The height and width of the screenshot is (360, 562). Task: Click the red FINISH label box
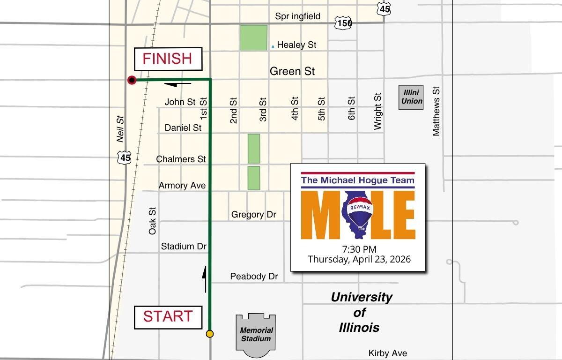[168, 59]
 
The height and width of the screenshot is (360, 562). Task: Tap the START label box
[168, 317]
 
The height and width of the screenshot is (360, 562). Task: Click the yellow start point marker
[210, 334]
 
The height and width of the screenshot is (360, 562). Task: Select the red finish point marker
[132, 80]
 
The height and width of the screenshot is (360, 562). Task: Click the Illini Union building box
[411, 97]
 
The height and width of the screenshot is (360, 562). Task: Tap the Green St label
[292, 71]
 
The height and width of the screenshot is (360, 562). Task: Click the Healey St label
[296, 45]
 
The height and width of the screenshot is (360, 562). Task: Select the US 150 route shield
[343, 22]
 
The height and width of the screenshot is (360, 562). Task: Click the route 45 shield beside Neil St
[125, 157]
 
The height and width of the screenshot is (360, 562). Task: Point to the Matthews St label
[436, 111]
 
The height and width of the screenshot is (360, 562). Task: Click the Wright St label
[378, 111]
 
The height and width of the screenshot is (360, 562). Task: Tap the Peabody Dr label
[254, 277]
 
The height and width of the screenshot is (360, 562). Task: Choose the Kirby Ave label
[387, 353]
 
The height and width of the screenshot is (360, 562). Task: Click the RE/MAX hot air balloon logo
[359, 213]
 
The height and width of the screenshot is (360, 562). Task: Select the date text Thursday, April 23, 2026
[359, 259]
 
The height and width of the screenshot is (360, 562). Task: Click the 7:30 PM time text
[359, 249]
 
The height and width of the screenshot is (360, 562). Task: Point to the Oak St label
[152, 221]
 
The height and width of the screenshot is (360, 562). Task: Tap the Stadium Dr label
[184, 246]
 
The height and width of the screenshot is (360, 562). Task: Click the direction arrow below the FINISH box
[178, 84]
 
